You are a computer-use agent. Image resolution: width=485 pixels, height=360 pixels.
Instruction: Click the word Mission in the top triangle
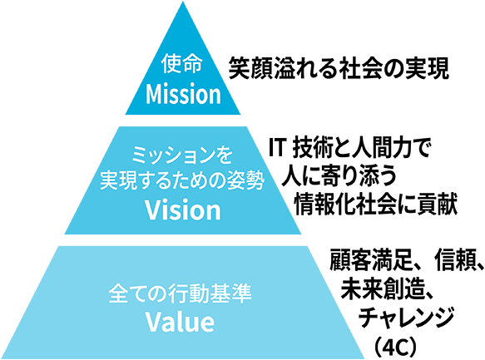(x=183, y=94)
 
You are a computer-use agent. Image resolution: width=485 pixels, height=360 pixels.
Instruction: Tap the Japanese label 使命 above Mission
(x=181, y=64)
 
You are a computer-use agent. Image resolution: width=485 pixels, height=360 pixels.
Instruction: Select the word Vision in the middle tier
(x=183, y=210)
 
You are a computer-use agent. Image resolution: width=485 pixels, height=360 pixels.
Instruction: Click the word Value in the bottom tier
(x=180, y=322)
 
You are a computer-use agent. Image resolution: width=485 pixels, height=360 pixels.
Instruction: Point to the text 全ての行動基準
(x=180, y=293)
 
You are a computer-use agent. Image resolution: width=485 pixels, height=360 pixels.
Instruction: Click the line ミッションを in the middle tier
(x=182, y=155)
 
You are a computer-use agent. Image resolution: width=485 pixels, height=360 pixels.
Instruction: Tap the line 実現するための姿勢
(x=182, y=181)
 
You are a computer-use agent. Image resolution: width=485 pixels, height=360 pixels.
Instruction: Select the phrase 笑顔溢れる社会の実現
(x=339, y=69)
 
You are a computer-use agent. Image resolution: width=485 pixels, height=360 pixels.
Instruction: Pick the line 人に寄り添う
(x=339, y=175)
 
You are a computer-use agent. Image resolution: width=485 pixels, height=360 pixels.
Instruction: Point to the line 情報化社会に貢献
(x=375, y=204)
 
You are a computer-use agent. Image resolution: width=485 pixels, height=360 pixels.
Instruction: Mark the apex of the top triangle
(x=183, y=2)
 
